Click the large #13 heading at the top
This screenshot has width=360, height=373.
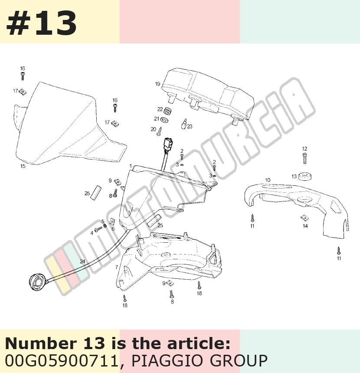(x=41, y=23)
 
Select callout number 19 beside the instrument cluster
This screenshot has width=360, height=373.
(x=158, y=84)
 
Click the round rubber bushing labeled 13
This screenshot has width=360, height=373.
(x=305, y=176)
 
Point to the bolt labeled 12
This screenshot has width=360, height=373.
(x=304, y=158)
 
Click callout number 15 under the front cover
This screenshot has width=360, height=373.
(x=23, y=166)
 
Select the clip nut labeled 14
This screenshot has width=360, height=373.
(x=304, y=218)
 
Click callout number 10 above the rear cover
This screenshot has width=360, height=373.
(x=268, y=180)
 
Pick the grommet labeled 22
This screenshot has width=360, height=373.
(x=168, y=111)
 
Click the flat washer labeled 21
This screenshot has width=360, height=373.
(x=164, y=119)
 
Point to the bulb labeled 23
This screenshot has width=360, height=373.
(x=184, y=124)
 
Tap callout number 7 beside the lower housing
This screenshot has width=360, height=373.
(x=117, y=267)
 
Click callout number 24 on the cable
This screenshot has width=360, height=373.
(x=82, y=261)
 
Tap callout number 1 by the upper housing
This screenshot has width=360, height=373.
(x=131, y=166)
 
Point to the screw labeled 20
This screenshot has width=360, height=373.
(x=159, y=132)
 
